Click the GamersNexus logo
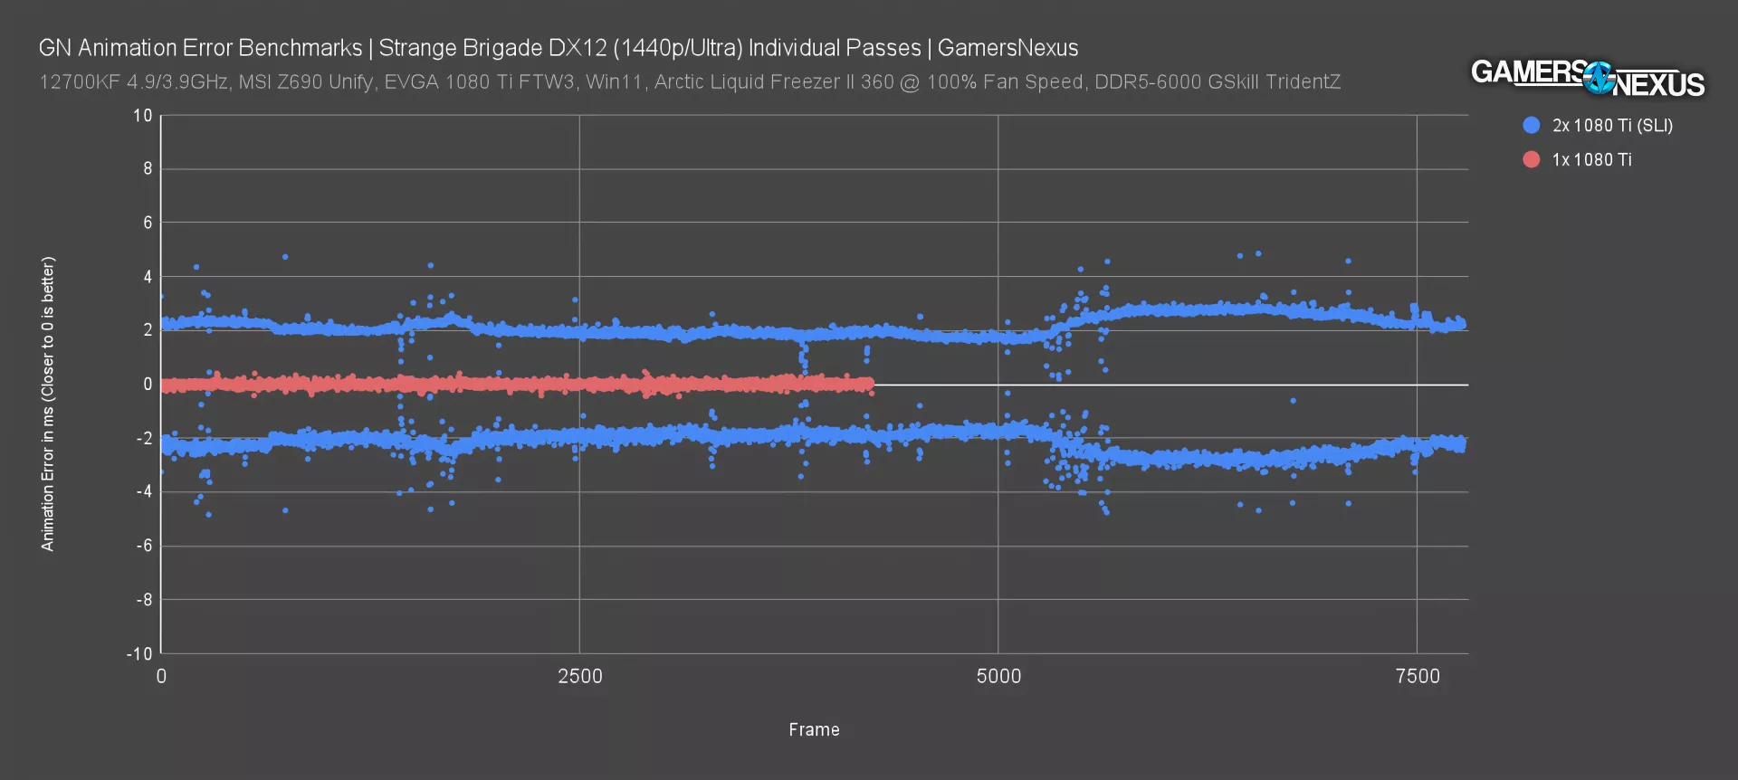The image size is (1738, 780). coord(1587,77)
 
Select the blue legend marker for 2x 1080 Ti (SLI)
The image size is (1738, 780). coord(1531,126)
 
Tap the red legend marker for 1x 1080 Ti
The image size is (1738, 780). coord(1531,160)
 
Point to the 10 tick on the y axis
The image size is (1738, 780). coord(143,116)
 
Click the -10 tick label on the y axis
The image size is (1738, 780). coord(138,653)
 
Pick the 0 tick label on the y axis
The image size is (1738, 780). coord(148,385)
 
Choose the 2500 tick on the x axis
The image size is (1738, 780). coord(579,676)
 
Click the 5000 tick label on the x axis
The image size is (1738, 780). coord(998,676)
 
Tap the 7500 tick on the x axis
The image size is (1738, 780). coord(1418,676)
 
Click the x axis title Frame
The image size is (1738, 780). coord(814,729)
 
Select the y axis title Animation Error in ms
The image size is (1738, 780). coord(48,404)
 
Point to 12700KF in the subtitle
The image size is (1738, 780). coord(76,82)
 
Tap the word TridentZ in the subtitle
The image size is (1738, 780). coord(1303,82)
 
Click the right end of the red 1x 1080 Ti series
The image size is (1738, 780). coord(871,385)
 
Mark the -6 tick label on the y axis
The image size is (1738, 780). coord(144,546)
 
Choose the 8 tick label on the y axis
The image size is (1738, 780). coord(148,169)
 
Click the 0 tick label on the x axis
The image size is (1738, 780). coord(161,676)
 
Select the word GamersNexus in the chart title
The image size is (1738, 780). coord(1007,48)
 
